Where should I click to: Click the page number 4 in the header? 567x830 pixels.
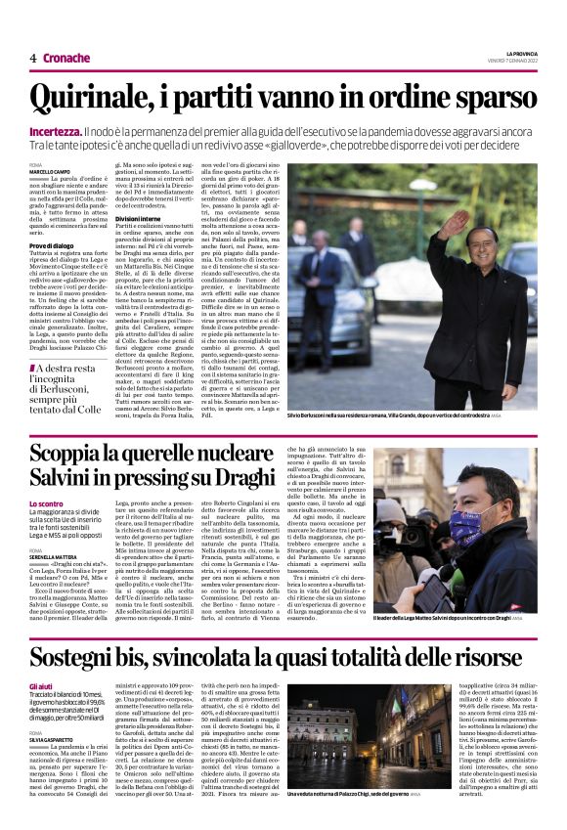(33, 58)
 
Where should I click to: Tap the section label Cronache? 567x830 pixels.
(66, 58)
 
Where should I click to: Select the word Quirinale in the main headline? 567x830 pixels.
(96, 98)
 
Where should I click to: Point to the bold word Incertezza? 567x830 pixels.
(56, 130)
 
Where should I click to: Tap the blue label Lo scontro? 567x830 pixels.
(47, 503)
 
